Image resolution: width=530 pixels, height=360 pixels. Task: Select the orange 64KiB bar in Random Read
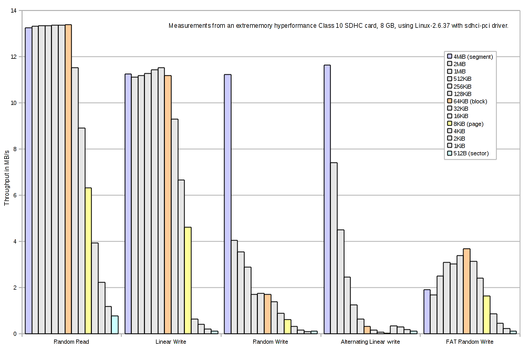(68, 179)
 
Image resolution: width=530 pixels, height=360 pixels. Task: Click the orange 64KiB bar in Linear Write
(168, 205)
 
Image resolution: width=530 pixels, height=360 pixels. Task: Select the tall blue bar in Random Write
(227, 204)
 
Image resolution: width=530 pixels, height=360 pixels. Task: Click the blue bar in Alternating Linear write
(327, 199)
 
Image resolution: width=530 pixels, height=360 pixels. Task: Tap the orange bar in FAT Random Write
(466, 291)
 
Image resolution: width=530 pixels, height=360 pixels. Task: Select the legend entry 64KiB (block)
(470, 101)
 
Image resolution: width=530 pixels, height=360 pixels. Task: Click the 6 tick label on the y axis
(14, 195)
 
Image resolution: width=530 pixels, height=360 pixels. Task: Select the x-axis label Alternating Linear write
(370, 342)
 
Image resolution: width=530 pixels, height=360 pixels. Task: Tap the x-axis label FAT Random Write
(470, 342)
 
